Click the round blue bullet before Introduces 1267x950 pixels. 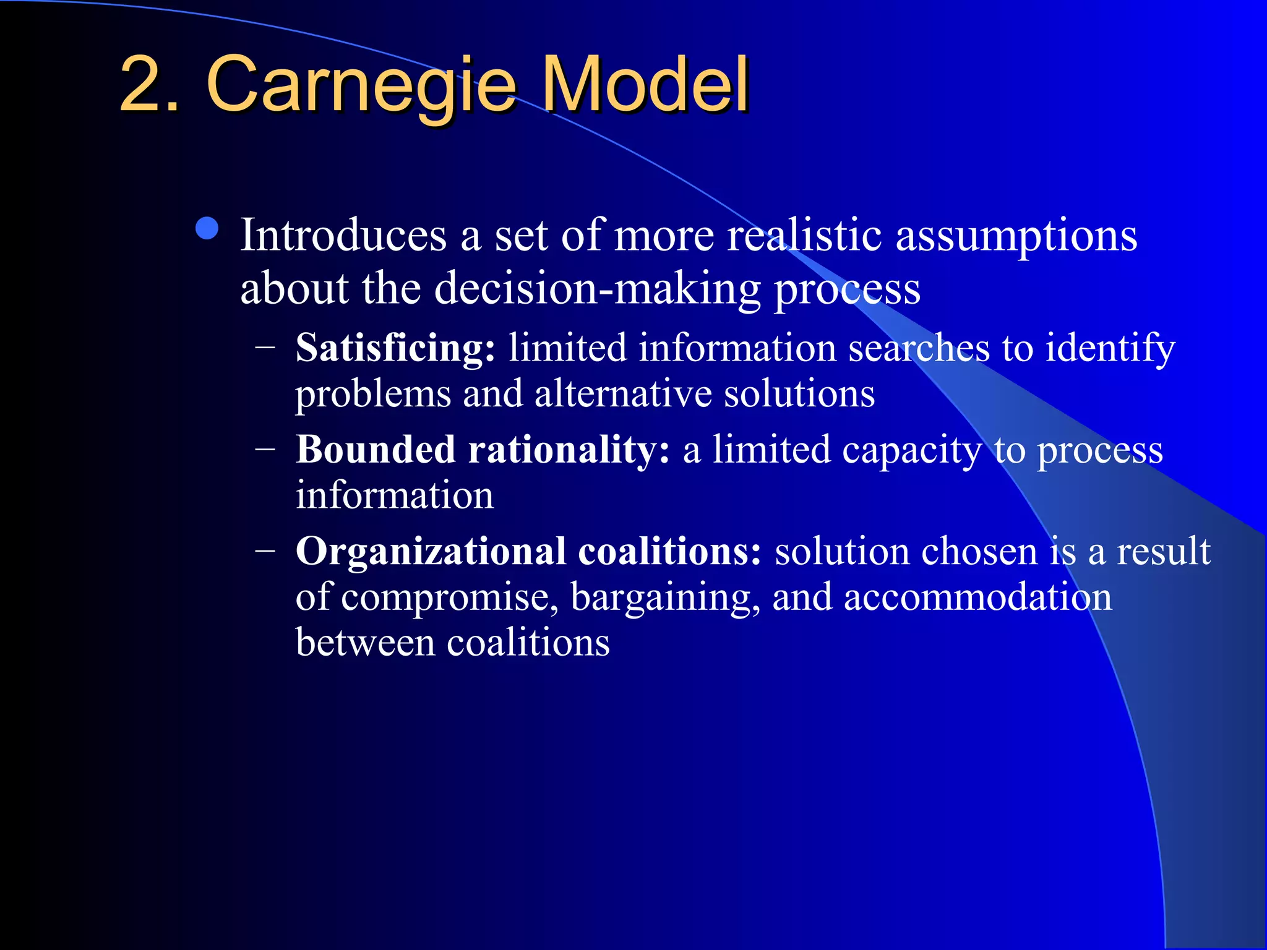pyautogui.click(x=207, y=228)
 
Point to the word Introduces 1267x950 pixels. pyautogui.click(x=343, y=236)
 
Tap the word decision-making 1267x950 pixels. pyautogui.click(x=598, y=289)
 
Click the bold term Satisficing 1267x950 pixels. pyautogui.click(x=395, y=348)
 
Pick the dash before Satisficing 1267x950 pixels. pyautogui.click(x=265, y=347)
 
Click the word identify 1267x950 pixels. pyautogui.click(x=1110, y=348)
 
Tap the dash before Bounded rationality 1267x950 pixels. pyautogui.click(x=265, y=449)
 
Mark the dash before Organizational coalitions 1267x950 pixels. pyautogui.click(x=265, y=550)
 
